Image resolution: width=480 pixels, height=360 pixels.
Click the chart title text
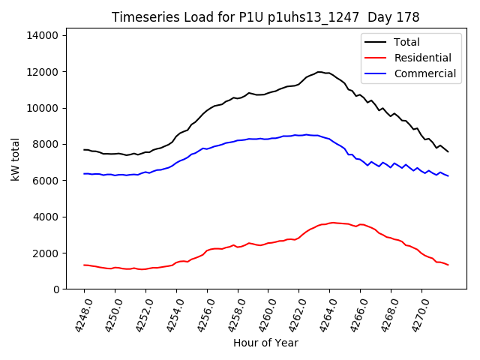(265, 17)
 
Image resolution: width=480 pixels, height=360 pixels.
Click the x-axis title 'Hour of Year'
(265, 343)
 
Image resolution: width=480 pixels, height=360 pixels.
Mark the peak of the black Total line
(319, 72)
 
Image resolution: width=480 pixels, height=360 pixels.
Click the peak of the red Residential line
(333, 223)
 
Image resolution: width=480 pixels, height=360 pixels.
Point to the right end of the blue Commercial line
(448, 175)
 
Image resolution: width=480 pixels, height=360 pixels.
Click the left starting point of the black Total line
(84, 149)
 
